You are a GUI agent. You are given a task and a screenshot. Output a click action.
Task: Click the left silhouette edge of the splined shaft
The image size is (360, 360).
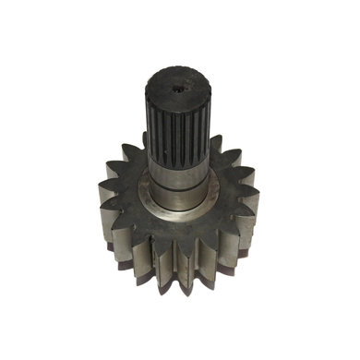click(146, 129)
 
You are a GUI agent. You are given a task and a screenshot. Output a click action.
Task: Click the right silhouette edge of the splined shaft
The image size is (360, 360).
click(211, 129)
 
